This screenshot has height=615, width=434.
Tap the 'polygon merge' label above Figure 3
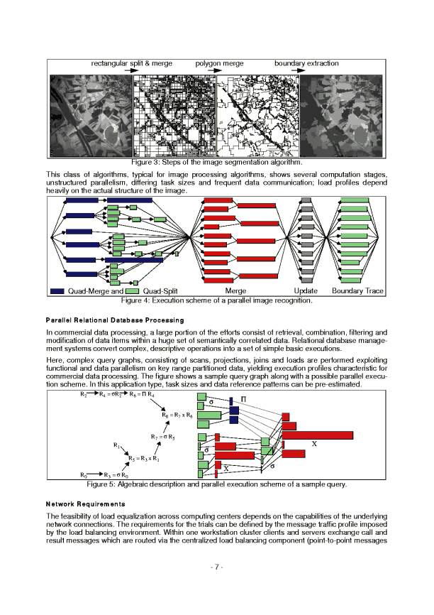[x=219, y=64]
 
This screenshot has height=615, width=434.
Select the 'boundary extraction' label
[x=306, y=64]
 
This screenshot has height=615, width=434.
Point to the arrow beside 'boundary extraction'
[x=298, y=71]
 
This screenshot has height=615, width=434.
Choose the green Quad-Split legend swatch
[x=131, y=291]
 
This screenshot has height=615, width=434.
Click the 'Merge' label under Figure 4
[x=235, y=291]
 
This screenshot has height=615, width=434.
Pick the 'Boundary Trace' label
[x=357, y=291]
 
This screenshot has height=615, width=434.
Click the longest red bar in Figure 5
[x=318, y=435]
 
